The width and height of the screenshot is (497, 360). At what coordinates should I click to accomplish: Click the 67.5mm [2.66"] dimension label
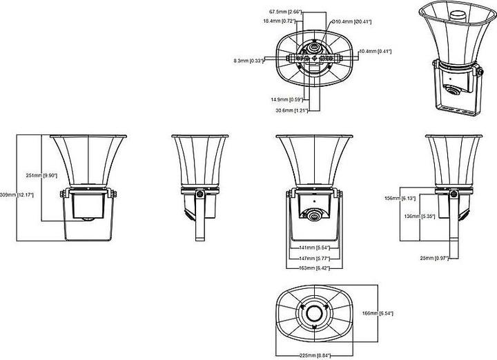[x=284, y=12]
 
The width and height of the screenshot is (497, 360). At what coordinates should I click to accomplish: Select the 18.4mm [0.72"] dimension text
[x=279, y=21]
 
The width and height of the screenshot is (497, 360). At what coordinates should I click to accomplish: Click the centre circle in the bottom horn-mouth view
[x=315, y=314]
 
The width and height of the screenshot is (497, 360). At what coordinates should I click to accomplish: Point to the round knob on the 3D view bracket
[x=451, y=90]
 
